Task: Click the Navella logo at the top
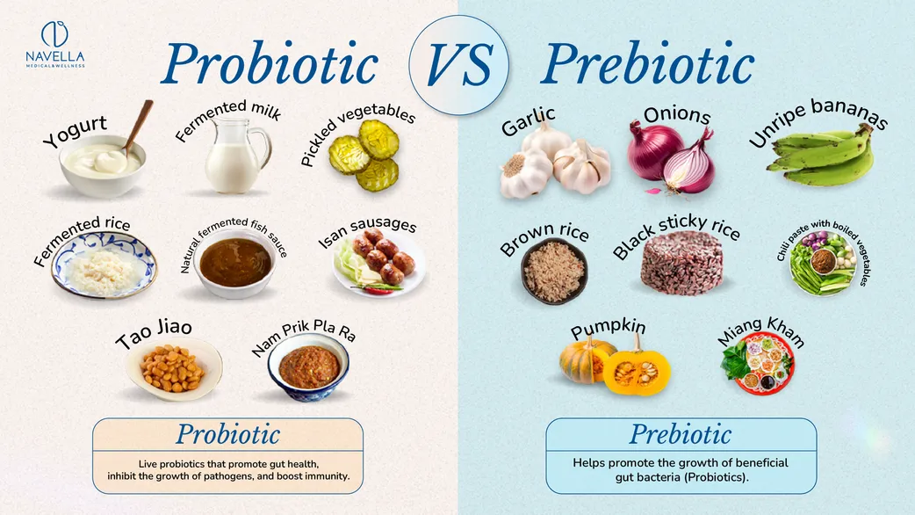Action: point(54,44)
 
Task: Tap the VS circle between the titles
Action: point(458,65)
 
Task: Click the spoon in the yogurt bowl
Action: point(138,127)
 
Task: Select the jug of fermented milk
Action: point(235,156)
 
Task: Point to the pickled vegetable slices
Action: point(365,156)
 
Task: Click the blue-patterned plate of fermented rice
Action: point(104,265)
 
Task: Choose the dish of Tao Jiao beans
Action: point(174,369)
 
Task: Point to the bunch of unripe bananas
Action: point(821,156)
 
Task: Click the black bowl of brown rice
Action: point(554,271)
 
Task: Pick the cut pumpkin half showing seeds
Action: point(636,371)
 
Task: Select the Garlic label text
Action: point(528,121)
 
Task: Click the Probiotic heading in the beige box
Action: point(228,434)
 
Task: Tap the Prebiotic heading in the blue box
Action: point(681,434)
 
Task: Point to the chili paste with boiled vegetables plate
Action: point(823,263)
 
